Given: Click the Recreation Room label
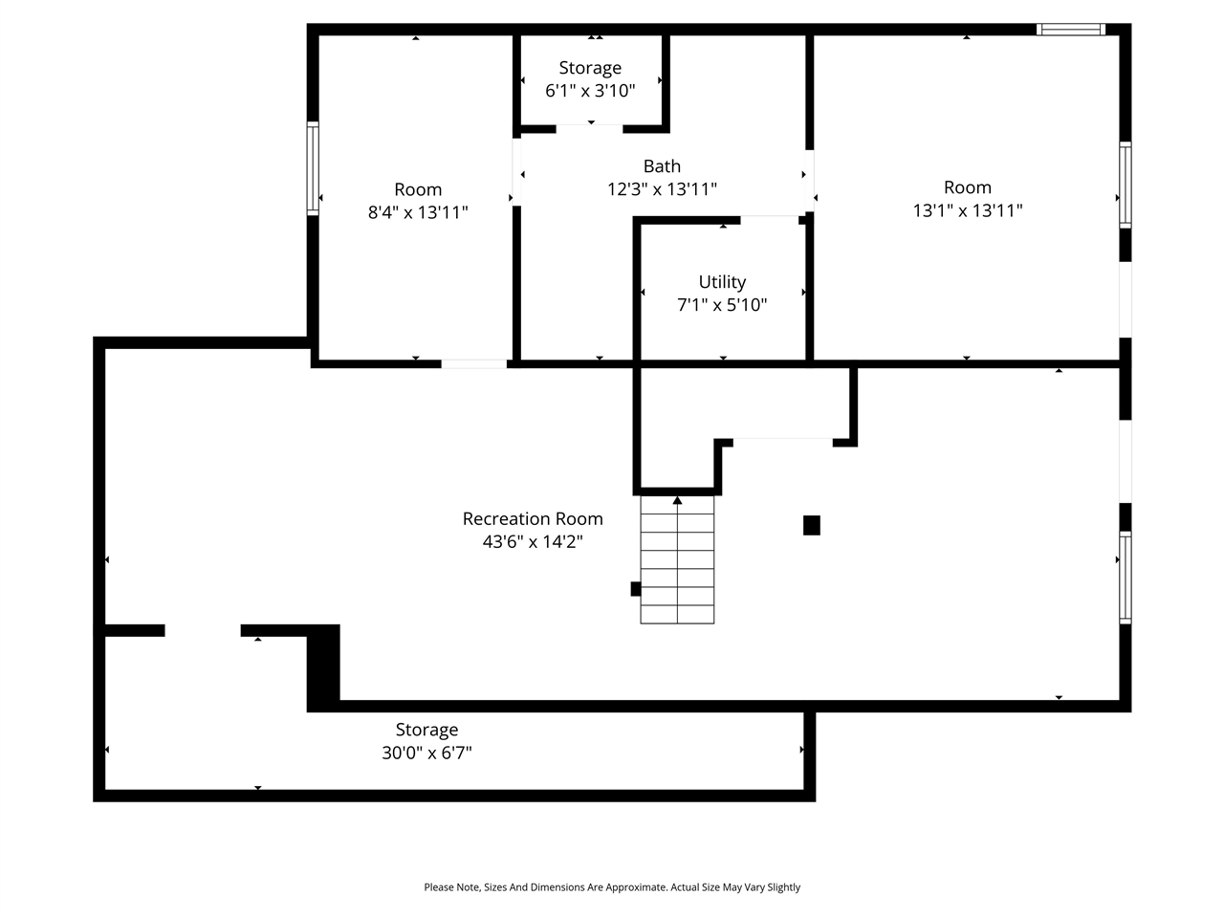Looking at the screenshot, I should (x=533, y=518).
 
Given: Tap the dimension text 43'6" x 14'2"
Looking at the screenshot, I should (x=533, y=542).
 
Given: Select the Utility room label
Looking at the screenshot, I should (x=722, y=282).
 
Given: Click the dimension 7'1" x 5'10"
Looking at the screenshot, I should (x=722, y=306).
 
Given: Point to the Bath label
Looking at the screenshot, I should (x=662, y=166).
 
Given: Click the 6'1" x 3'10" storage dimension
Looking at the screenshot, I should (x=590, y=91).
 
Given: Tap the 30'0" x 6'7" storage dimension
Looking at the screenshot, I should (x=426, y=754).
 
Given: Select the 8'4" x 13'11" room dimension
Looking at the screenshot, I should (x=418, y=212).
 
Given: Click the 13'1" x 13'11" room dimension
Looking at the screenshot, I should (x=968, y=210).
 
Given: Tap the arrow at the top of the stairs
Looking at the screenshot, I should (x=677, y=500).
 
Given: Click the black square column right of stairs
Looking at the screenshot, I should (x=812, y=525).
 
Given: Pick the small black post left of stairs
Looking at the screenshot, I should (x=635, y=589).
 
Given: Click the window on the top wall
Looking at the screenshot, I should (x=1071, y=30).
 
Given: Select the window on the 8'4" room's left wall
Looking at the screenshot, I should (x=313, y=169).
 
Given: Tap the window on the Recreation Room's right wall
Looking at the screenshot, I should (x=1126, y=578).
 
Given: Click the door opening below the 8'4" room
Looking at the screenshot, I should (x=474, y=363).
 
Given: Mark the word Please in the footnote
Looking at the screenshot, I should (x=440, y=887).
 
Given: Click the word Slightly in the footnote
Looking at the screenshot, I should (x=783, y=887).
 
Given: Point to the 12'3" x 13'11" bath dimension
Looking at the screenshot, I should (x=662, y=189).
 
